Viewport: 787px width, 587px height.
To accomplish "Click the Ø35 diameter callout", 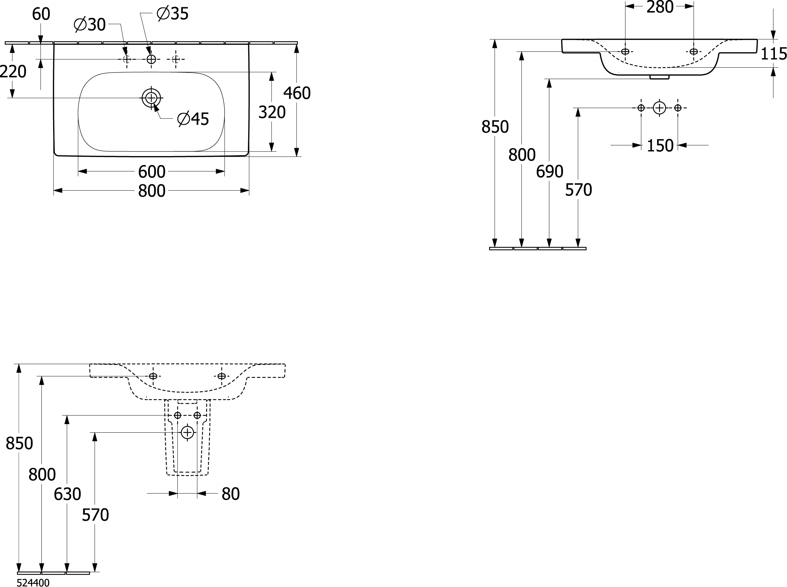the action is (x=173, y=14).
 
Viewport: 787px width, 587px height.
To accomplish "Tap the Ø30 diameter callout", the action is (x=90, y=25).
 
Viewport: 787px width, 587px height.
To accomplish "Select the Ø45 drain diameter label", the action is (x=193, y=119).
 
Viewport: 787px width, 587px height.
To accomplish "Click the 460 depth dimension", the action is (x=297, y=93).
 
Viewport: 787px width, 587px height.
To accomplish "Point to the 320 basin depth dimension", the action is (x=272, y=112).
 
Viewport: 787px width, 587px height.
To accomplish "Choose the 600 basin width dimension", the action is (x=152, y=172).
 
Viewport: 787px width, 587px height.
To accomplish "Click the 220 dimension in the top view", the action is (x=13, y=72).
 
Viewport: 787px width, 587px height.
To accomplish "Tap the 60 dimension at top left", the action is (x=41, y=14).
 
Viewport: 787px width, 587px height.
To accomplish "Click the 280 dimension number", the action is (x=660, y=7).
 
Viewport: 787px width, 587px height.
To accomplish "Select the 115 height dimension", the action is (x=774, y=54).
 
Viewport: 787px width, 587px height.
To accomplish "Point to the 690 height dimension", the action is (x=550, y=172).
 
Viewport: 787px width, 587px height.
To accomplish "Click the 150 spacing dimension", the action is (x=660, y=146).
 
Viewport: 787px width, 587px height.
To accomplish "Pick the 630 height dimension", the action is (x=67, y=494).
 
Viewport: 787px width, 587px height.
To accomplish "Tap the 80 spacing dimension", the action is (x=231, y=494).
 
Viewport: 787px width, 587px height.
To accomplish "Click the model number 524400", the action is (x=33, y=583).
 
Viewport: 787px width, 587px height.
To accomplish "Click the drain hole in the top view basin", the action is (x=151, y=98).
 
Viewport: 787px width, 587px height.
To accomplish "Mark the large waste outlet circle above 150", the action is (x=660, y=108).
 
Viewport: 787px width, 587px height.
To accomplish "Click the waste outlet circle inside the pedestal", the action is (x=187, y=432).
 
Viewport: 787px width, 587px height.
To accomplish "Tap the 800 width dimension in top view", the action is (x=152, y=191).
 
